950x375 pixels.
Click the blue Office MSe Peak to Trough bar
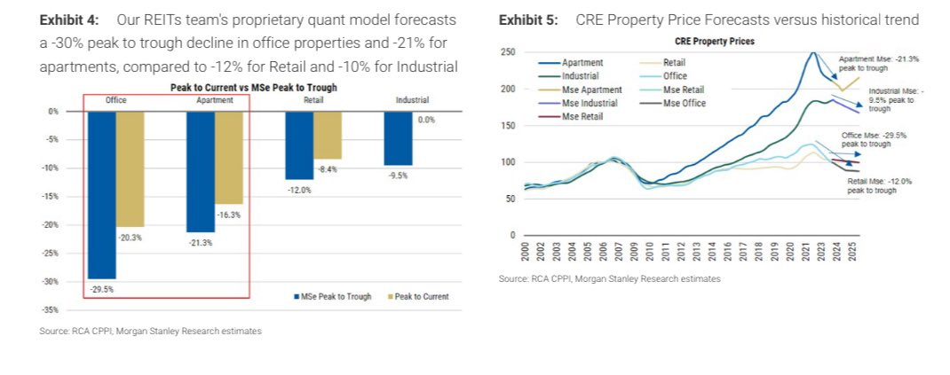(101, 195)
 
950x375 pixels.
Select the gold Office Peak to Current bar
(130, 168)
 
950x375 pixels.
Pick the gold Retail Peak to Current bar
(327, 135)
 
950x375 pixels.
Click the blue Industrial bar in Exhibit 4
(398, 138)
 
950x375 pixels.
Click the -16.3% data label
(228, 215)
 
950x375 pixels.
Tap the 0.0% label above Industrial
(425, 120)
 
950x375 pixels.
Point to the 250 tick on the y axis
(509, 52)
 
